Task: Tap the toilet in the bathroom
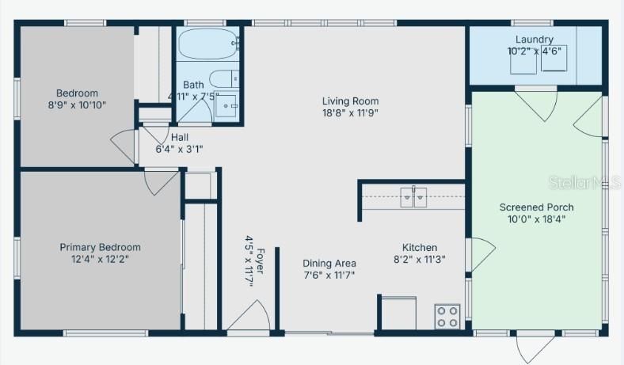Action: click(225, 79)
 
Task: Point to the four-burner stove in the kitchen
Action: click(447, 316)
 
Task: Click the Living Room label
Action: click(350, 101)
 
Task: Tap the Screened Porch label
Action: click(536, 207)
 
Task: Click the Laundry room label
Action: click(534, 40)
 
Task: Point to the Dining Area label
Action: click(329, 263)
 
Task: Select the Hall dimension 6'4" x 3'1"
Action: click(179, 148)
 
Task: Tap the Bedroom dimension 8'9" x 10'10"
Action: click(77, 105)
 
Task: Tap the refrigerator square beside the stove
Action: click(397, 312)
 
